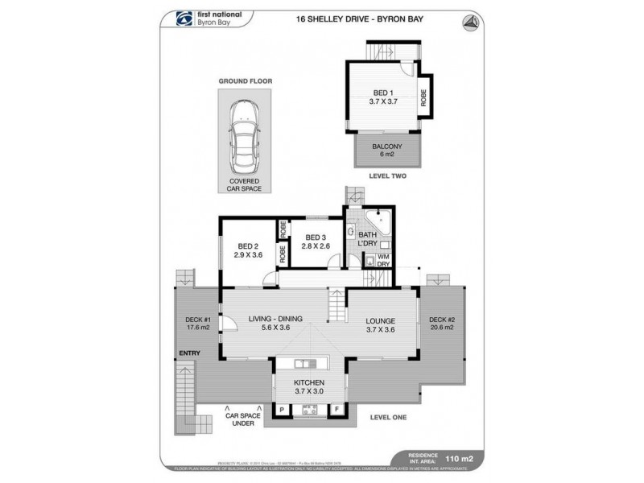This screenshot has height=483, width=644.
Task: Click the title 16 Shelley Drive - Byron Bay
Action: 325,20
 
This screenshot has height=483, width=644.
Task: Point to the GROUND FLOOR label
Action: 243,81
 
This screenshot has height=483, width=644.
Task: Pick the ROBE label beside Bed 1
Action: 423,97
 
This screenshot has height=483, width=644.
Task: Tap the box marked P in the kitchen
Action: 282,410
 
